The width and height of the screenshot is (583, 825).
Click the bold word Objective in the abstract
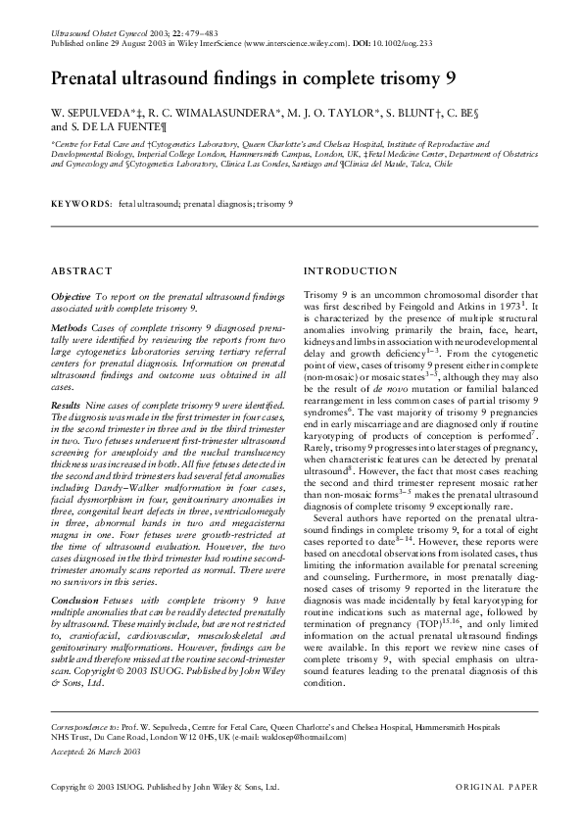pos(71,295)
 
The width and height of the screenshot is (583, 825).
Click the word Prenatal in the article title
pos(87,77)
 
